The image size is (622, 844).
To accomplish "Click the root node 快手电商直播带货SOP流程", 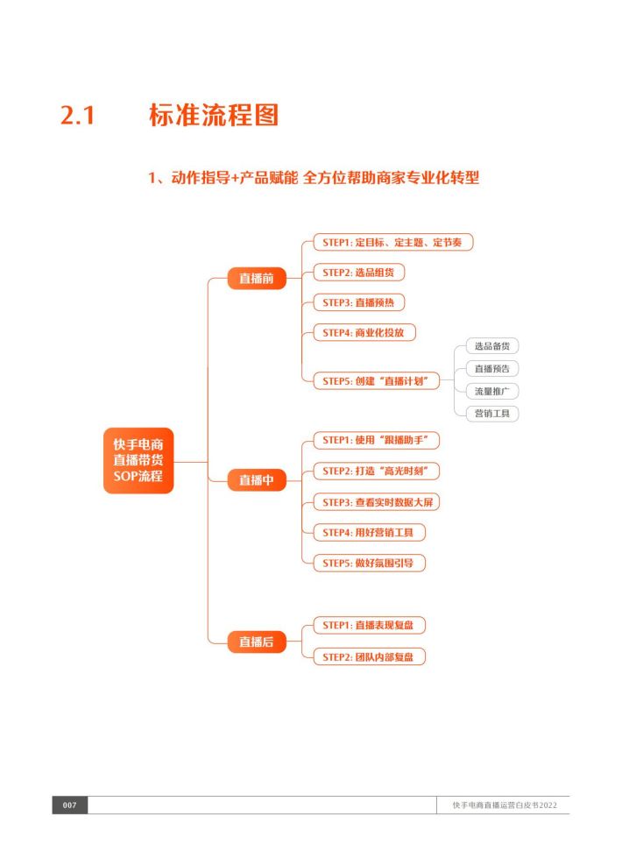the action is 138,460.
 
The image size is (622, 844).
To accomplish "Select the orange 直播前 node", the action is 257,279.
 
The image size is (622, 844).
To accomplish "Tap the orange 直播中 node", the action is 257,479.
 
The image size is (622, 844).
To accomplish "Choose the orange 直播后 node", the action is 257,642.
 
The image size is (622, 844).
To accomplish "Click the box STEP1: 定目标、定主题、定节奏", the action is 392,242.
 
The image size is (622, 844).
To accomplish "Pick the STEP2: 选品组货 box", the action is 358,273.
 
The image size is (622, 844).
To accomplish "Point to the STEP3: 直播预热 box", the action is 358,302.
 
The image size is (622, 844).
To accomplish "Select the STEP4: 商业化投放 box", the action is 364,333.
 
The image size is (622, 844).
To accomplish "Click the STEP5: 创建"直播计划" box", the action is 376,381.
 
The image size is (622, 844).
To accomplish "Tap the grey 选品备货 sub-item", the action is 492,346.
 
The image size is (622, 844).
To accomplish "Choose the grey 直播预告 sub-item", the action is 492,369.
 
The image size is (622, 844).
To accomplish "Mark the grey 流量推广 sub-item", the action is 492,391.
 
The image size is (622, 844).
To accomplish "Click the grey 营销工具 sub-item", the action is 492,414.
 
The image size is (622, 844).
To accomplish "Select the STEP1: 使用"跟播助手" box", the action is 376,440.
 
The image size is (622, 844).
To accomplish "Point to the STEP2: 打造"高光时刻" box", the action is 376,471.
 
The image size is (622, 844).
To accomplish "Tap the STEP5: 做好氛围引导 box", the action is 369,563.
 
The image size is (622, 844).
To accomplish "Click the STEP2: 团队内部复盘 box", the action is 369,656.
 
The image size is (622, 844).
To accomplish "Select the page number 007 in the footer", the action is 70,805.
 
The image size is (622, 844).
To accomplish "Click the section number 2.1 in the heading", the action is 77,115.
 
